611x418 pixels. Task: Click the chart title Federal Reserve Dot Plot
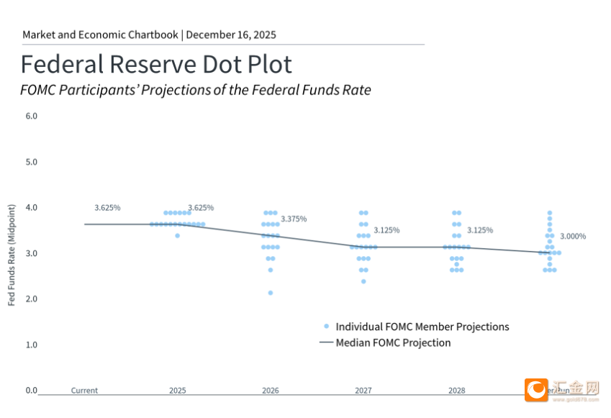[x=156, y=65]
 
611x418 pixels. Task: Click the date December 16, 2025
[x=231, y=35]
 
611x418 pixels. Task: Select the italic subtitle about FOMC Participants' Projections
[x=196, y=91]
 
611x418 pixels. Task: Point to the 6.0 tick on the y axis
[x=31, y=116]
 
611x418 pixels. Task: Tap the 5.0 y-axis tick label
[x=31, y=162]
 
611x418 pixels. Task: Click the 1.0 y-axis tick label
[x=31, y=345]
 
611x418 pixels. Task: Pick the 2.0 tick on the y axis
[x=31, y=299]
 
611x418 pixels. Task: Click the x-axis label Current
[x=84, y=391]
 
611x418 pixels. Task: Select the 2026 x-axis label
[x=271, y=391]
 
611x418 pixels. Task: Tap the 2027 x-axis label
[x=363, y=391]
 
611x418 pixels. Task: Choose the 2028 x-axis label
[x=456, y=391]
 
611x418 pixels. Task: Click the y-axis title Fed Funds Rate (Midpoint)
[x=12, y=255]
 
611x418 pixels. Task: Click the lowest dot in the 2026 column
[x=271, y=293]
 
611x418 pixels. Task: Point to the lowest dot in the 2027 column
[x=363, y=281]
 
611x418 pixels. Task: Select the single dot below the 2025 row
[x=177, y=235]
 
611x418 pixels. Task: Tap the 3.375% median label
[x=294, y=219]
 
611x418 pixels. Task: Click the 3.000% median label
[x=573, y=236]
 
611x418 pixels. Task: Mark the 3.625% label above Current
[x=107, y=208]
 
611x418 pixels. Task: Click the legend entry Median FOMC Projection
[x=393, y=343]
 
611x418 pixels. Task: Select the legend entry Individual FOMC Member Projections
[x=422, y=327]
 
